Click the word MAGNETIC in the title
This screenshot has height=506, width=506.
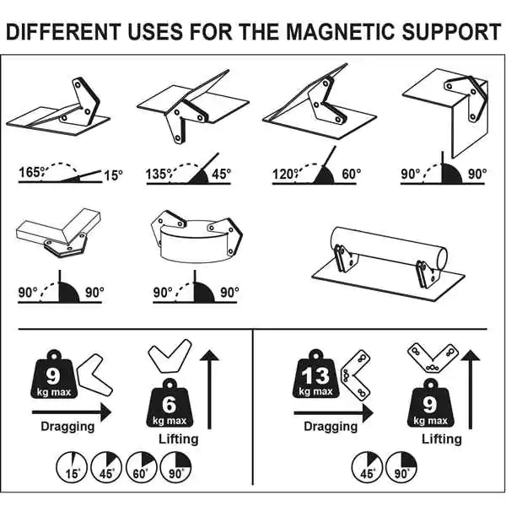(x=341, y=32)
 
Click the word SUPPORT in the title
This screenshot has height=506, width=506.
(x=451, y=32)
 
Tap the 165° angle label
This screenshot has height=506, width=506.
(x=30, y=172)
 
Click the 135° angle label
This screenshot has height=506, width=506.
(x=158, y=174)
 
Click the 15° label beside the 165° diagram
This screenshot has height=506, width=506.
(x=113, y=175)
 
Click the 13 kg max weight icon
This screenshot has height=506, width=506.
(x=315, y=374)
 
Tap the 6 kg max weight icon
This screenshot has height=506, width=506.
(x=170, y=404)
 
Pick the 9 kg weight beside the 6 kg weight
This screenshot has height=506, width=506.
(x=54, y=374)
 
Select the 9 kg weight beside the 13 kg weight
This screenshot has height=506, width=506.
(x=430, y=404)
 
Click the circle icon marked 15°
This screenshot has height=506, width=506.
(x=72, y=467)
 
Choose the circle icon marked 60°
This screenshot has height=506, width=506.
(x=141, y=467)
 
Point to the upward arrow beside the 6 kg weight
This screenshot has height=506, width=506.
(x=210, y=389)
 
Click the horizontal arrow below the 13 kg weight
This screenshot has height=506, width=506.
(x=334, y=412)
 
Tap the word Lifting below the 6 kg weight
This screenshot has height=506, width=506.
(x=179, y=439)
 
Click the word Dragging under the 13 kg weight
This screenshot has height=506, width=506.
(x=331, y=426)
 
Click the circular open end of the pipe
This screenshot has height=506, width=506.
(x=440, y=258)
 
